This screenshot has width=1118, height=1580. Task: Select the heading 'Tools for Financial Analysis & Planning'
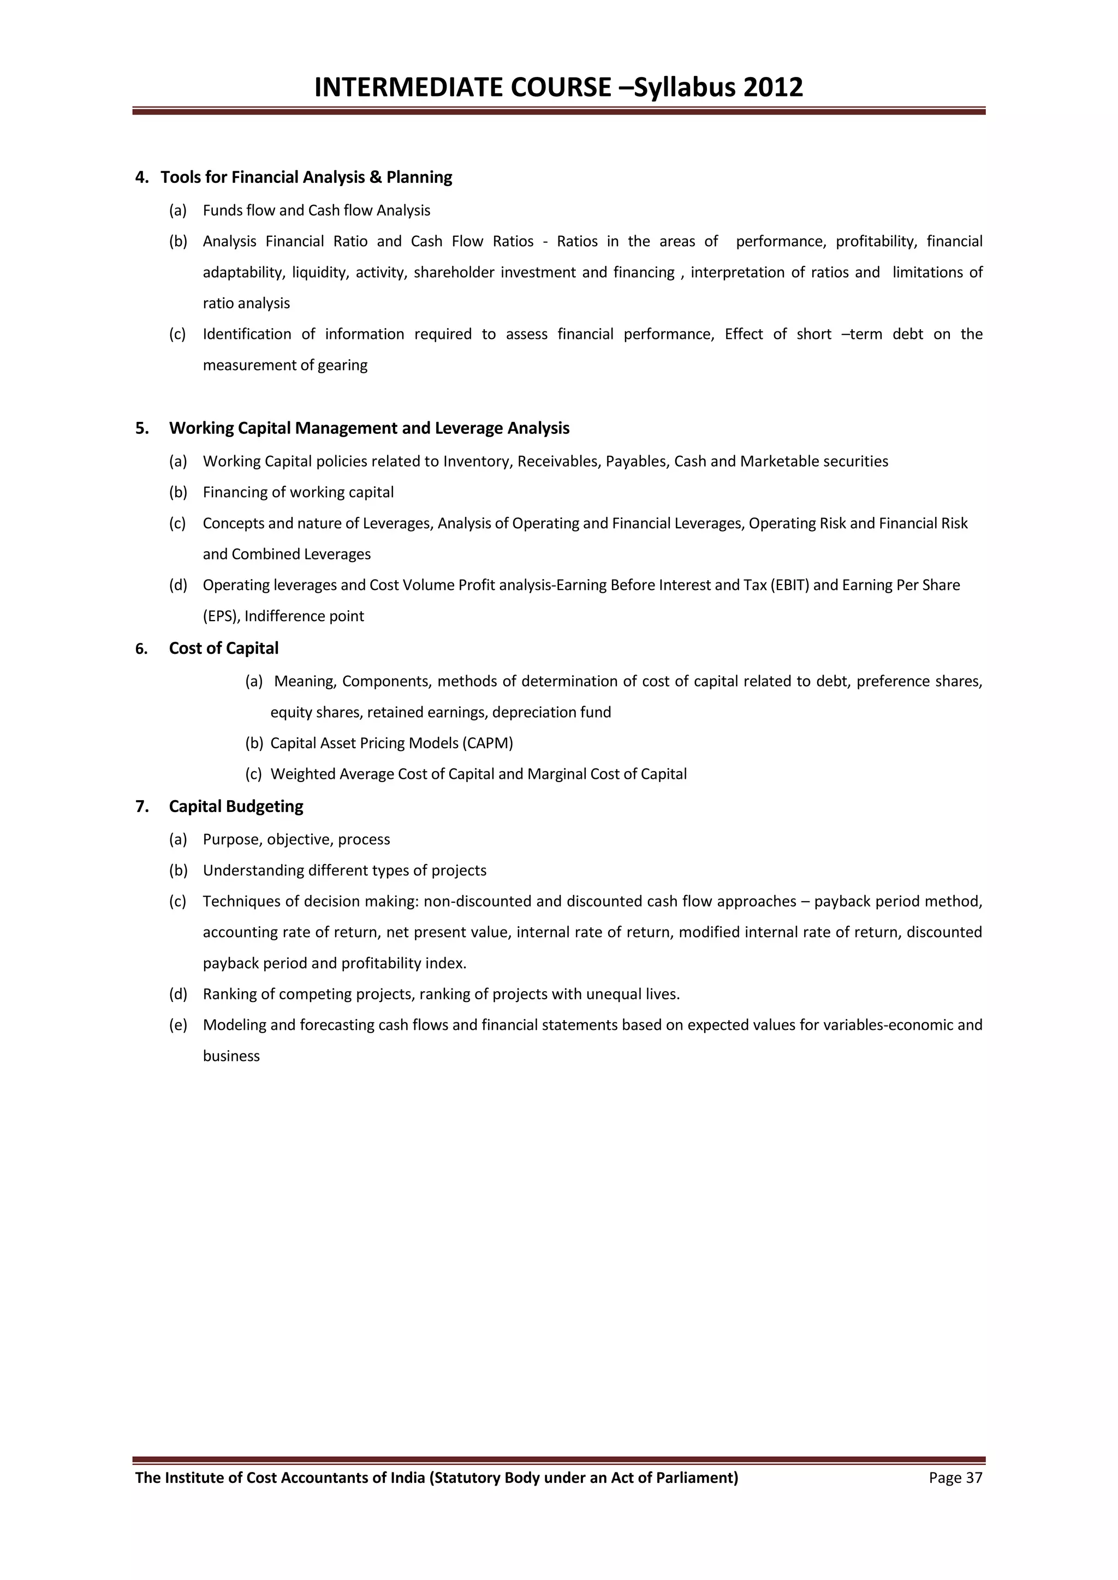tap(306, 177)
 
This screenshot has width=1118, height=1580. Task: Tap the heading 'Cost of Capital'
tap(224, 648)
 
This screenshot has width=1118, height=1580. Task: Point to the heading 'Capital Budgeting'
tap(236, 807)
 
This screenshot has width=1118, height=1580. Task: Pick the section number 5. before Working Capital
tap(142, 428)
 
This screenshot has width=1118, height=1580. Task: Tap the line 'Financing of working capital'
tap(298, 492)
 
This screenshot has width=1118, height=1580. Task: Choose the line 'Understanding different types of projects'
tap(344, 871)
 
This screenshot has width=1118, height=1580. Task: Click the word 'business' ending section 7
tap(231, 1056)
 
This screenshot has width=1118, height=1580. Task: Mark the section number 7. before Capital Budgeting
tap(142, 807)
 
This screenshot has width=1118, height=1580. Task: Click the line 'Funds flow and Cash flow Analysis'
tap(316, 211)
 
